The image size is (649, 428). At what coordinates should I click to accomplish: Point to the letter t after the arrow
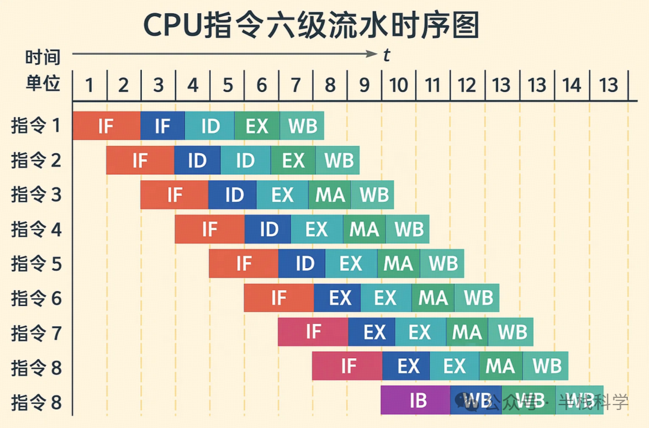coord(386,55)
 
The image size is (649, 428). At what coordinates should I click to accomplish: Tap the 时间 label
coord(43,58)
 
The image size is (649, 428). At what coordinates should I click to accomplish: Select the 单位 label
coord(43,84)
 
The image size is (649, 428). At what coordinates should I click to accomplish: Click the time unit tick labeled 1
coord(89,85)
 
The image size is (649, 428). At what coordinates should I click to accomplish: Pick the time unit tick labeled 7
coord(296,85)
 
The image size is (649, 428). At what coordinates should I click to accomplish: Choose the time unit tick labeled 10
coord(398,85)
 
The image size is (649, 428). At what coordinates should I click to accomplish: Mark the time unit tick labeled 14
coord(571,85)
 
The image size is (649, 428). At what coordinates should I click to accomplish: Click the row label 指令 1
coord(36,126)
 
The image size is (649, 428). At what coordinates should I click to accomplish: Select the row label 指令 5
coord(36,263)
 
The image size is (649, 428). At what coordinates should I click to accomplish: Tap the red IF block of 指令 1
coord(106,126)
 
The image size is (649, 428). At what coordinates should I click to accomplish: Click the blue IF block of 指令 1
coord(162,126)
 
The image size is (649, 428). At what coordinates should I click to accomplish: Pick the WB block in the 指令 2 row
coord(338,160)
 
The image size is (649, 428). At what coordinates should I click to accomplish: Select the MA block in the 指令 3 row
coord(330,195)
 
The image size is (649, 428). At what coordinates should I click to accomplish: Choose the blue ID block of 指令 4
coord(268,229)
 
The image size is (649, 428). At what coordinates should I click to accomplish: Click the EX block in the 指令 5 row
coord(351,263)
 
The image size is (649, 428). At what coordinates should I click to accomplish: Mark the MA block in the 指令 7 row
coord(467,332)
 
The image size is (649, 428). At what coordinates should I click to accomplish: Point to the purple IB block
coord(416,400)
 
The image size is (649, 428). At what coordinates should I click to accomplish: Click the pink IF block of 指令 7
coord(313,332)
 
